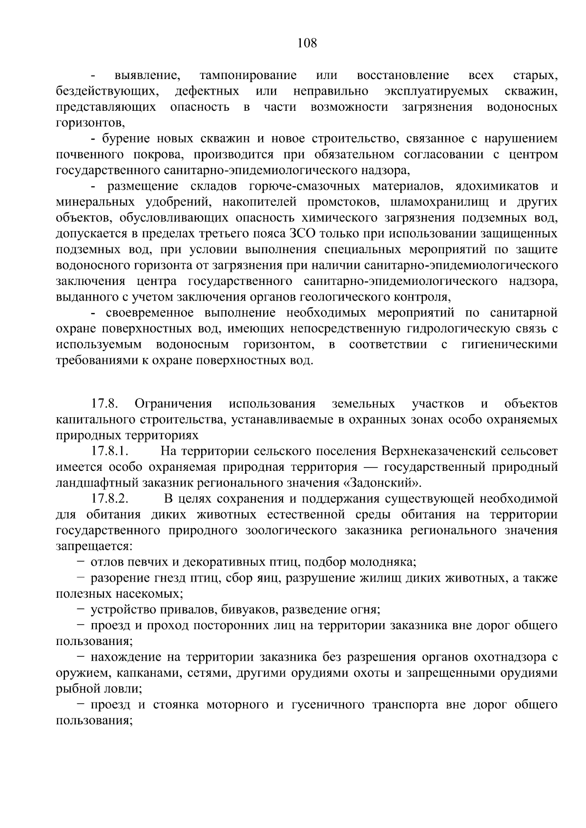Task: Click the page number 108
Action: (x=307, y=43)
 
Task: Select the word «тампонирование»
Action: (x=248, y=76)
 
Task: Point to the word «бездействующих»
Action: (x=107, y=91)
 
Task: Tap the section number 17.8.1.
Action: (x=109, y=451)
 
